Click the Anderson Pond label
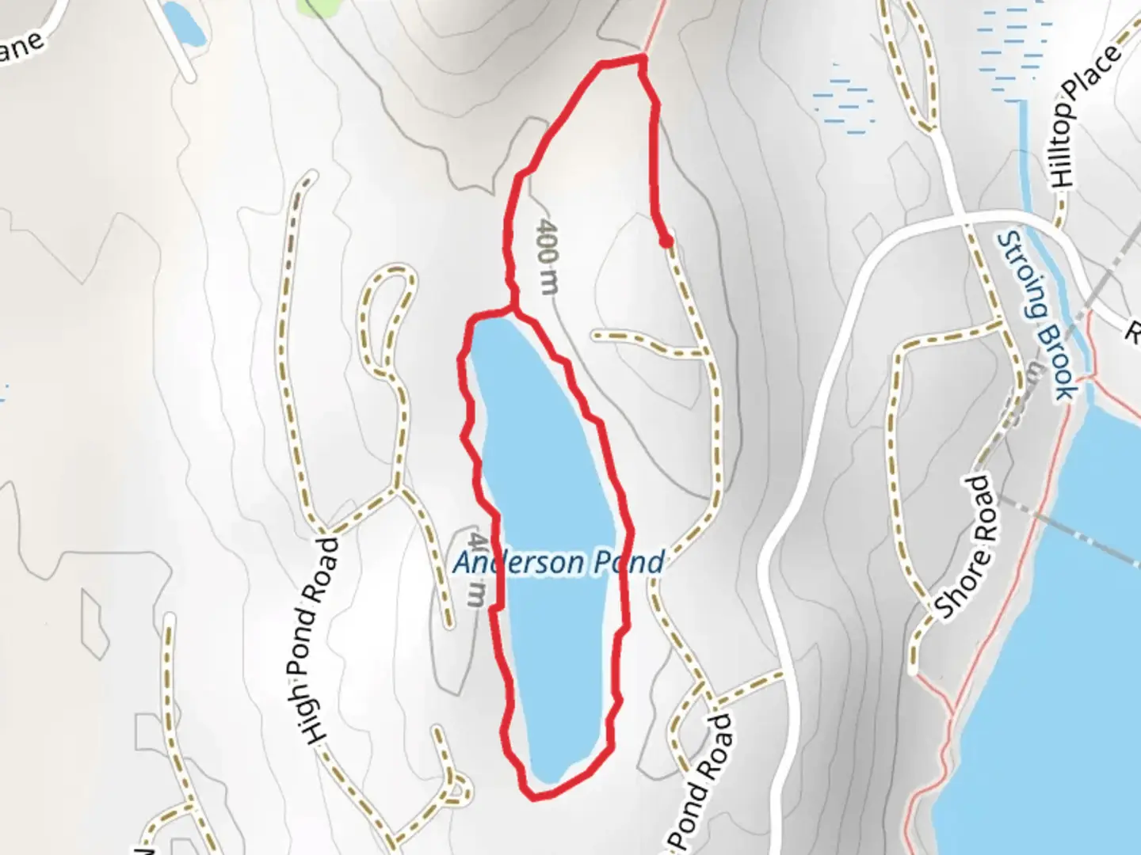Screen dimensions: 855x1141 (x=558, y=563)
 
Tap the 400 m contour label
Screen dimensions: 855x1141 (x=548, y=256)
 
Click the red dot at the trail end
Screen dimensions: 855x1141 (x=666, y=241)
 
